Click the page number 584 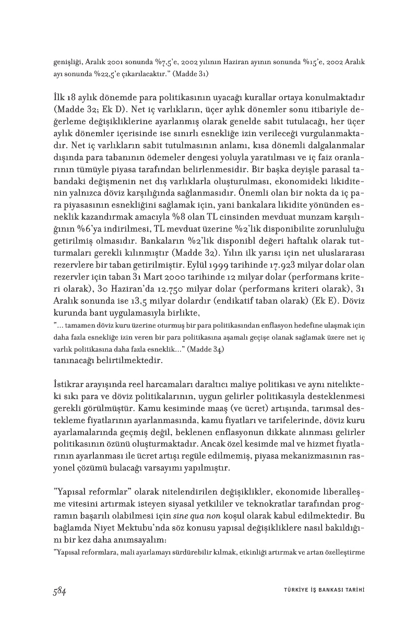click(58, 591)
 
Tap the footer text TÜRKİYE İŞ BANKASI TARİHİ click(320, 590)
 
